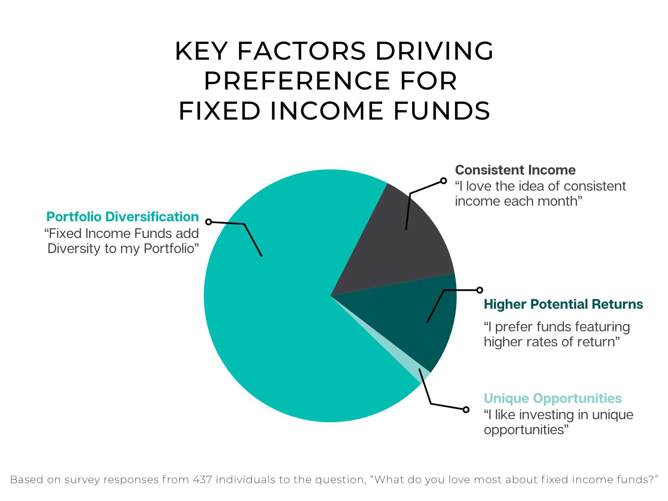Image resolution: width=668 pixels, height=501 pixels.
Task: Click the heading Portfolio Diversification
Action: [123, 217]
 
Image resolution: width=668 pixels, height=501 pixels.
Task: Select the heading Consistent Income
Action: [515, 170]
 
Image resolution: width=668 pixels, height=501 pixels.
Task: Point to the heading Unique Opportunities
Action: [553, 399]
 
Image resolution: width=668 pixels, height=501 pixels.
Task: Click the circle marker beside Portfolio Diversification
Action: [208, 222]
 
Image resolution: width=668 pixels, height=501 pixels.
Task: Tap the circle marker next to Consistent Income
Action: [443, 181]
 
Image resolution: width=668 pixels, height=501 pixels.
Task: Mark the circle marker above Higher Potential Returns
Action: [480, 290]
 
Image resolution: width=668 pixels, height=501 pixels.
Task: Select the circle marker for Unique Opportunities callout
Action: [466, 410]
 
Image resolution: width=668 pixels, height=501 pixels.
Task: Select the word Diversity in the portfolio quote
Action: [74, 248]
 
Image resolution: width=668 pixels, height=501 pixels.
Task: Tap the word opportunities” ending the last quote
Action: [526, 430]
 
